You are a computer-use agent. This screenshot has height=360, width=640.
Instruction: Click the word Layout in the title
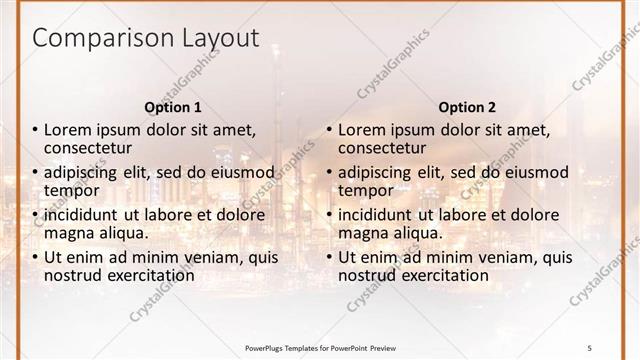point(223,40)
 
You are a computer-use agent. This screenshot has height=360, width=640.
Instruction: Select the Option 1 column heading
point(173,107)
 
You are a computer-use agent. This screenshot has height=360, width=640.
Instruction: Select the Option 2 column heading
point(467,107)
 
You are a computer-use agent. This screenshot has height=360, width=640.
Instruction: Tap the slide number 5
point(589,346)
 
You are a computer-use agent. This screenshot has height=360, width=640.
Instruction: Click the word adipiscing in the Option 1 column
point(81,172)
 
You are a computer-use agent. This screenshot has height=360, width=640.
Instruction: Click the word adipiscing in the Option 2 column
point(375,172)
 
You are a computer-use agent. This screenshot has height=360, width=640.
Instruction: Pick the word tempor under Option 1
point(71,190)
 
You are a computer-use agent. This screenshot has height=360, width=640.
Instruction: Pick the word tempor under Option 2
point(365,190)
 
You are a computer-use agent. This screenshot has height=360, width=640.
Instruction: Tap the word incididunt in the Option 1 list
point(81,215)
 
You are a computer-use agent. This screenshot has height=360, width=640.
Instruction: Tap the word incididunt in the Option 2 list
point(375,215)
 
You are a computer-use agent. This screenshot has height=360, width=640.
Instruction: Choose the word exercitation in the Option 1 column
point(148,275)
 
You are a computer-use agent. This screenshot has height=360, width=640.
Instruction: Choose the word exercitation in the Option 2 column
point(442,275)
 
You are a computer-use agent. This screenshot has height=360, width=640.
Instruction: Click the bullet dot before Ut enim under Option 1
point(35,258)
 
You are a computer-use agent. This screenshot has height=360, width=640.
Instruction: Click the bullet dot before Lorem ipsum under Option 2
point(329,130)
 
